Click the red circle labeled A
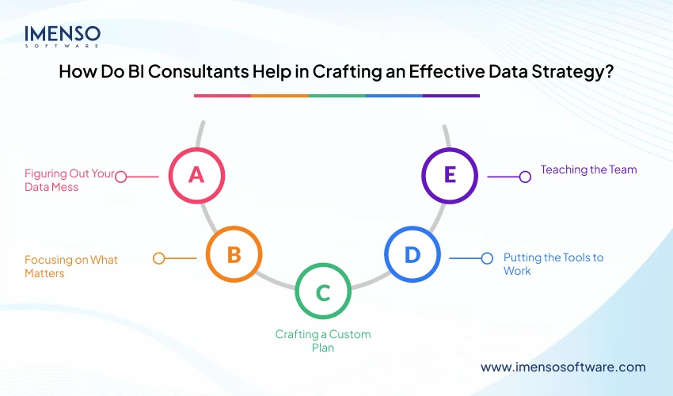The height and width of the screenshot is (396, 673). pos(196,175)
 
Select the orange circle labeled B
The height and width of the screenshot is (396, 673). pos(234,254)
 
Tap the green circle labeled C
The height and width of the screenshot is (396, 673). pos(322,292)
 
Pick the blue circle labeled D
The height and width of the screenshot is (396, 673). pos(412,254)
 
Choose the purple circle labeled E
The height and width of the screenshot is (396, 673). pos(450,175)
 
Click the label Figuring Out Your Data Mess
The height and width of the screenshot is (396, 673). pos(70,180)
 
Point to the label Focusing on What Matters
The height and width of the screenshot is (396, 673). pos(70,265)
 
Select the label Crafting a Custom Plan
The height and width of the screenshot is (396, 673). pos(322,341)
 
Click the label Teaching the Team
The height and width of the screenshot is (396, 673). pos(588,169)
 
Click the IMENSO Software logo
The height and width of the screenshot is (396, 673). pos(62,37)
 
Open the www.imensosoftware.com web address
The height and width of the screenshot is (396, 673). pos(563,367)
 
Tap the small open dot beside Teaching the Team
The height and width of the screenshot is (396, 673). pos(524,177)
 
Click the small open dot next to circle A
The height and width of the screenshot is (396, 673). pos(121,177)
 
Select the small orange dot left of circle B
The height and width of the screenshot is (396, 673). pos(158,258)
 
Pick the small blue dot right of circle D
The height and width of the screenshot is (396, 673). pos(487,258)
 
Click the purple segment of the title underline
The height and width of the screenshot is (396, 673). pos(451,96)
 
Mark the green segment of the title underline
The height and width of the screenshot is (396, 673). pos(336,96)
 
